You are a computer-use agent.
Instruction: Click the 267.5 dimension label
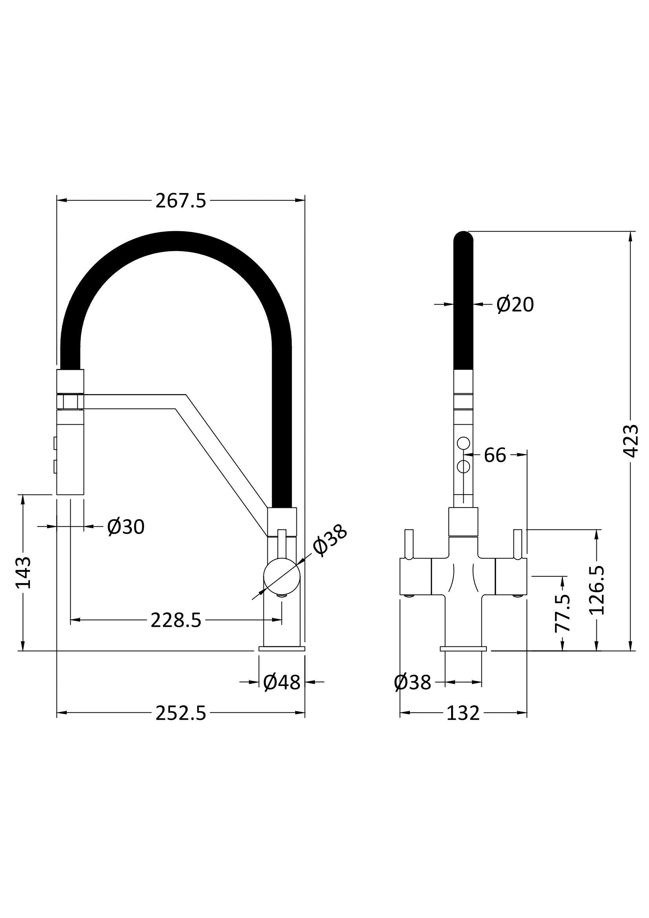pos(181,201)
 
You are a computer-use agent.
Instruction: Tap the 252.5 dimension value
pos(181,713)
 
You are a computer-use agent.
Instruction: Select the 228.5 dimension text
pos(176,620)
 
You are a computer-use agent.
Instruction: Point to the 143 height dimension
pos(23,573)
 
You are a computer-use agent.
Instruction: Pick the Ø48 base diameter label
pos(282,682)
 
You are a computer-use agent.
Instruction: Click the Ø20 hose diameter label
pos(515,305)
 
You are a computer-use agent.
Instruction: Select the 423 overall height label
pos(631,441)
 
